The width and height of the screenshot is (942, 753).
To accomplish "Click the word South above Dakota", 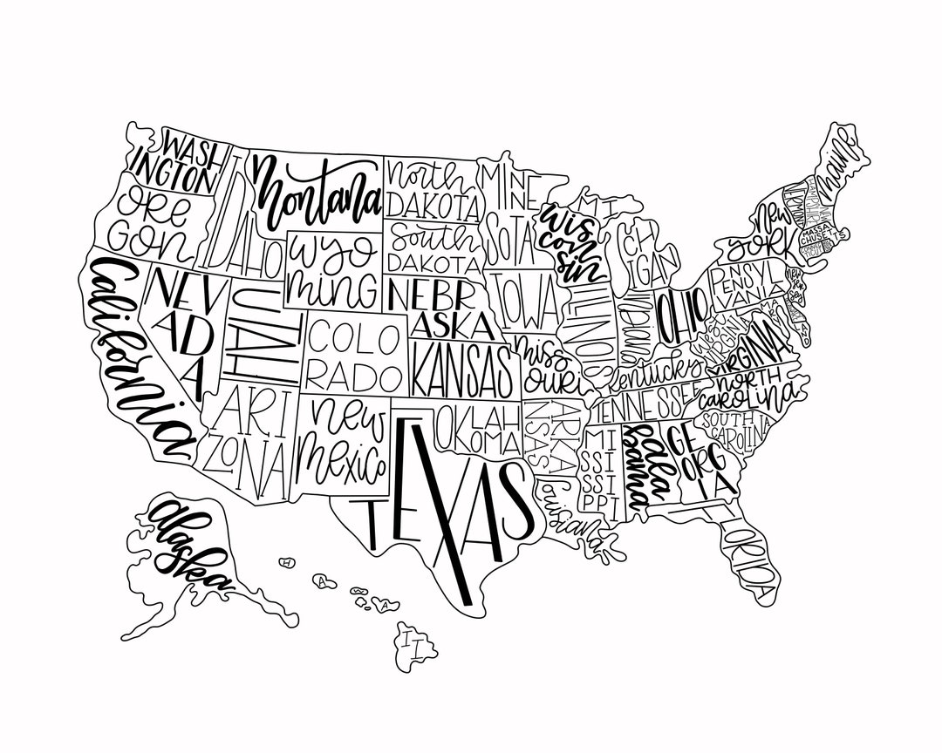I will tap(433, 236).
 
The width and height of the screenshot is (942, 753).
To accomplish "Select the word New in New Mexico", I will tap(348, 417).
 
